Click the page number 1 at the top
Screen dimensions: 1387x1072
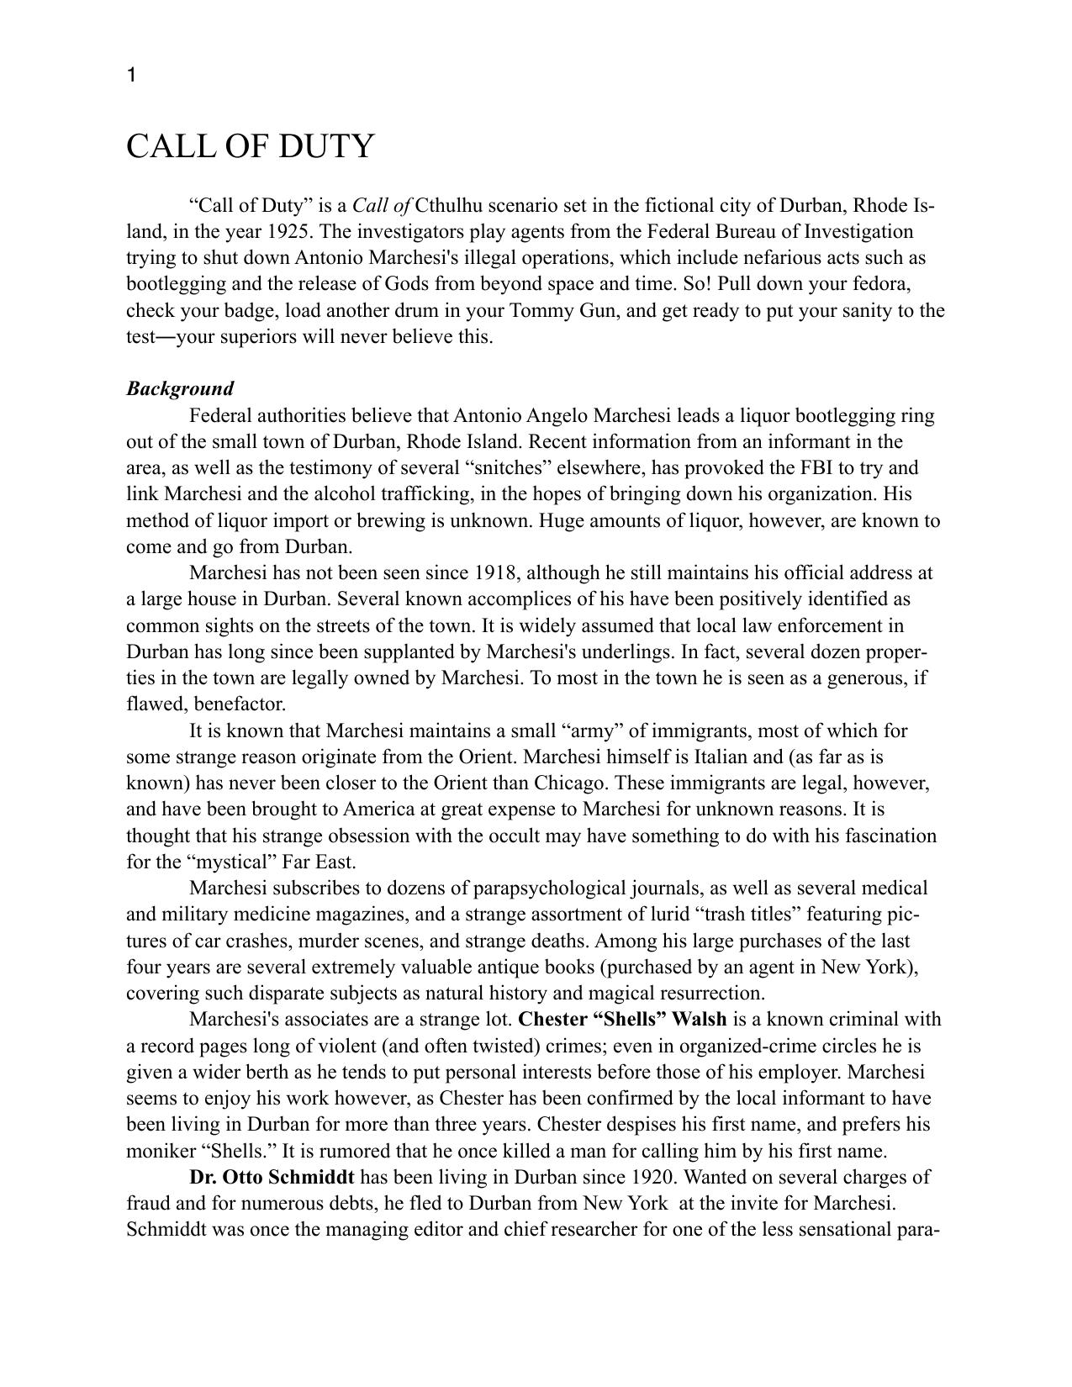point(131,76)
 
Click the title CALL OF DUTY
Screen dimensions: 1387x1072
point(250,146)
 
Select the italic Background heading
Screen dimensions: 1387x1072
point(180,388)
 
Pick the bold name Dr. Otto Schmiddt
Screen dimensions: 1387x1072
point(272,1177)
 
